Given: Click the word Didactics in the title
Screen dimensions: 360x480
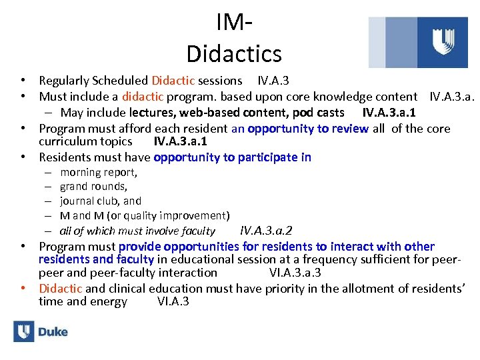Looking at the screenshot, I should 234,53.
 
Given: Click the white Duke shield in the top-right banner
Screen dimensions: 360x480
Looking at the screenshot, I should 443,41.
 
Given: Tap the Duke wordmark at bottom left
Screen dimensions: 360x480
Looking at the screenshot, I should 53,331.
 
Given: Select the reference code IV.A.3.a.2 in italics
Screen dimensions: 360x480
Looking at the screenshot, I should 266,231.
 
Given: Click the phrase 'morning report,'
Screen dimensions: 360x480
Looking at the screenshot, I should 99,172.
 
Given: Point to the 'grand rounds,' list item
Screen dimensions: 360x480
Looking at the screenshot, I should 93,187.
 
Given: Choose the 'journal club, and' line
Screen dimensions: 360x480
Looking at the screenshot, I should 101,201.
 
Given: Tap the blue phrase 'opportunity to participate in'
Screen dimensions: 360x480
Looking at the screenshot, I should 232,157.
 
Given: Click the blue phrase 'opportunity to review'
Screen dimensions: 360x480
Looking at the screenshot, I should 307,129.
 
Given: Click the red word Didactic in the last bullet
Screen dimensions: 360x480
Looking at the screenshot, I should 61,288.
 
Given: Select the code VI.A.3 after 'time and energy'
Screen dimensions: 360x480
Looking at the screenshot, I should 173,301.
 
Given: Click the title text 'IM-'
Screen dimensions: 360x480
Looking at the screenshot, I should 233,23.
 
